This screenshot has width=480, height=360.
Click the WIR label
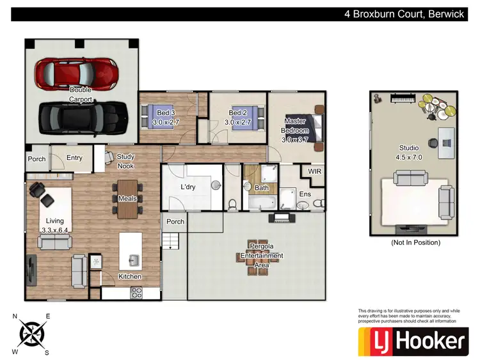coord(314,171)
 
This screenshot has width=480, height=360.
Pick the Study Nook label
coord(125,160)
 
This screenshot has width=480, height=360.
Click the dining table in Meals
coord(127,198)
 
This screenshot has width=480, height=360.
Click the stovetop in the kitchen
coord(137,292)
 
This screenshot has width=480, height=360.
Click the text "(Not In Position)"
coord(415,242)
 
